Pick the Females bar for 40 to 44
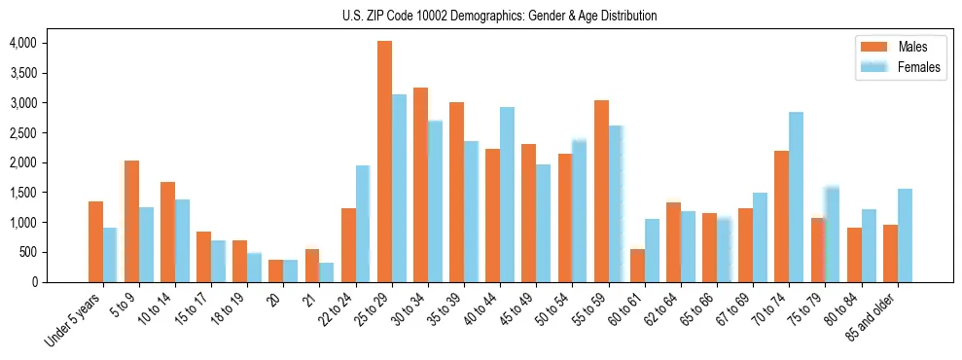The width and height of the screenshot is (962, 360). click(x=507, y=195)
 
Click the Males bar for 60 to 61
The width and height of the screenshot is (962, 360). click(x=638, y=266)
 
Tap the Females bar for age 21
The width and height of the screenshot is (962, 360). click(x=327, y=272)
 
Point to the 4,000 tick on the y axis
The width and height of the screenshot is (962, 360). click(x=22, y=43)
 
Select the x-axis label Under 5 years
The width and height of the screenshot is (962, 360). click(x=74, y=319)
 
